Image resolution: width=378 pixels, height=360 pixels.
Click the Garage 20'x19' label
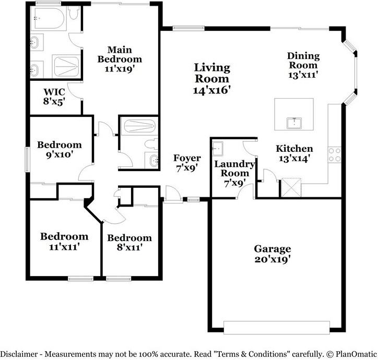click(272, 254)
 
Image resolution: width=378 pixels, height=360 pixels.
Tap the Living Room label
click(212, 78)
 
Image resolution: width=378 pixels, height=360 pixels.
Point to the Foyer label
click(187, 163)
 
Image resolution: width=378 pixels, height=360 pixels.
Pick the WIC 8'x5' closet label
click(54, 97)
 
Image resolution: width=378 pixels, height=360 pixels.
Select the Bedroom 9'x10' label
click(59, 149)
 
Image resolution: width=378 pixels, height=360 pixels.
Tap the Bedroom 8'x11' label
click(129, 243)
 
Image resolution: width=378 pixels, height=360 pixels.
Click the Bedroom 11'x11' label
click(64, 241)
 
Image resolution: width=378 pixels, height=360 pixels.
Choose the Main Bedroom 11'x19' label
click(120, 59)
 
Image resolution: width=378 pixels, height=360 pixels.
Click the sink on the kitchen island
click(294, 123)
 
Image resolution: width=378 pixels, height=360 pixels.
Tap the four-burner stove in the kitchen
click(334, 154)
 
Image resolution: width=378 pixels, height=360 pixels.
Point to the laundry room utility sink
click(218, 149)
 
